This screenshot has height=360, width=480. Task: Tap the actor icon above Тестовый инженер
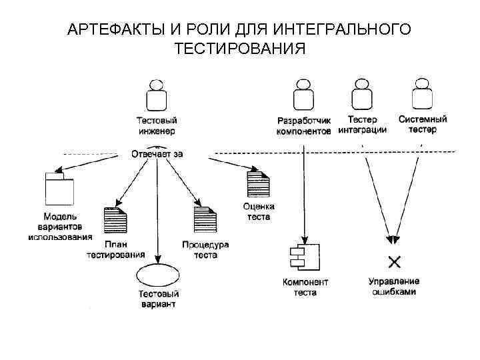coord(157,95)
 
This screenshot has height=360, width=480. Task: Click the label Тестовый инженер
coord(157,126)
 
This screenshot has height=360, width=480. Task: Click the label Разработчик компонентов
coord(303,126)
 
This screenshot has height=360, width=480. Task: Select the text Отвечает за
coord(157,153)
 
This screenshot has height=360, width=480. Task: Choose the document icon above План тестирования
coord(115,219)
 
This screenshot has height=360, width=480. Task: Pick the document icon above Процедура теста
coord(205,219)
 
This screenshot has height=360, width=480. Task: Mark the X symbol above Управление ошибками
coord(394,259)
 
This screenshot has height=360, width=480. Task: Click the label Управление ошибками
coord(394,287)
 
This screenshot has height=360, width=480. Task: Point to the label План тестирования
coord(115,249)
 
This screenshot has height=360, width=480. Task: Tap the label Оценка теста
coord(258,212)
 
